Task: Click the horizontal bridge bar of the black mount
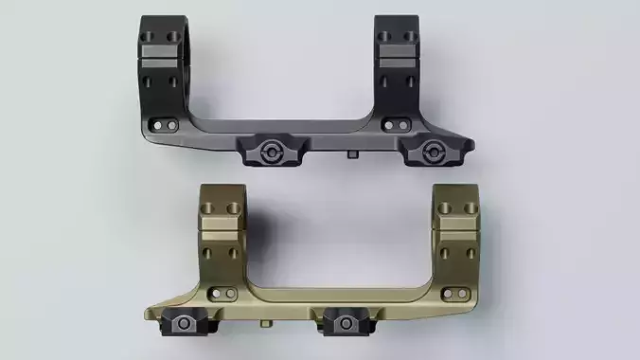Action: click(293, 126)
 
